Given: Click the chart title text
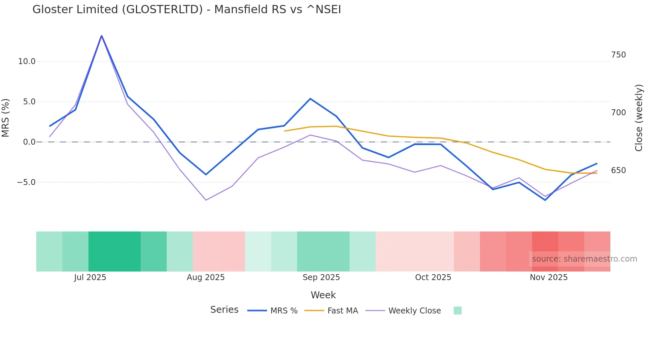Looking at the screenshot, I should pyautogui.click(x=187, y=10).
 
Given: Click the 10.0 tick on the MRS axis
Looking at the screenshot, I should pyautogui.click(x=26, y=61).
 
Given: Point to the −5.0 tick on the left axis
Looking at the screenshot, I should pyautogui.click(x=26, y=182).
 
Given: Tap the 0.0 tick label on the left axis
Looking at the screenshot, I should pyautogui.click(x=29, y=142).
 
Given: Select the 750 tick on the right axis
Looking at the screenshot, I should pyautogui.click(x=618, y=55).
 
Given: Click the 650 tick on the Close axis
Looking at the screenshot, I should pyautogui.click(x=618, y=170).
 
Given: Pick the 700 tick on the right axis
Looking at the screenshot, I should pyautogui.click(x=618, y=113).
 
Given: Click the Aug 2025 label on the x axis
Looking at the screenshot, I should pyautogui.click(x=206, y=277).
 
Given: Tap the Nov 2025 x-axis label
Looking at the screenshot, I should pyautogui.click(x=549, y=277).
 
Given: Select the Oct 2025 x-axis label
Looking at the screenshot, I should pyautogui.click(x=433, y=277).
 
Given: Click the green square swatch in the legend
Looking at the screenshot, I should pyautogui.click(x=458, y=310).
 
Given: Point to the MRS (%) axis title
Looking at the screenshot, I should pyautogui.click(x=6, y=118).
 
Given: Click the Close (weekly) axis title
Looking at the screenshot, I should pyautogui.click(x=639, y=118).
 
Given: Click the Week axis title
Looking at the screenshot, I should pyautogui.click(x=323, y=295).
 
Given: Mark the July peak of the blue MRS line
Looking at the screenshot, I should pyautogui.click(x=102, y=35).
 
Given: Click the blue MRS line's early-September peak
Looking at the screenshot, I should pyautogui.click(x=310, y=99).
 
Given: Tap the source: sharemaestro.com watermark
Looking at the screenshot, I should pyautogui.click(x=584, y=259).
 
